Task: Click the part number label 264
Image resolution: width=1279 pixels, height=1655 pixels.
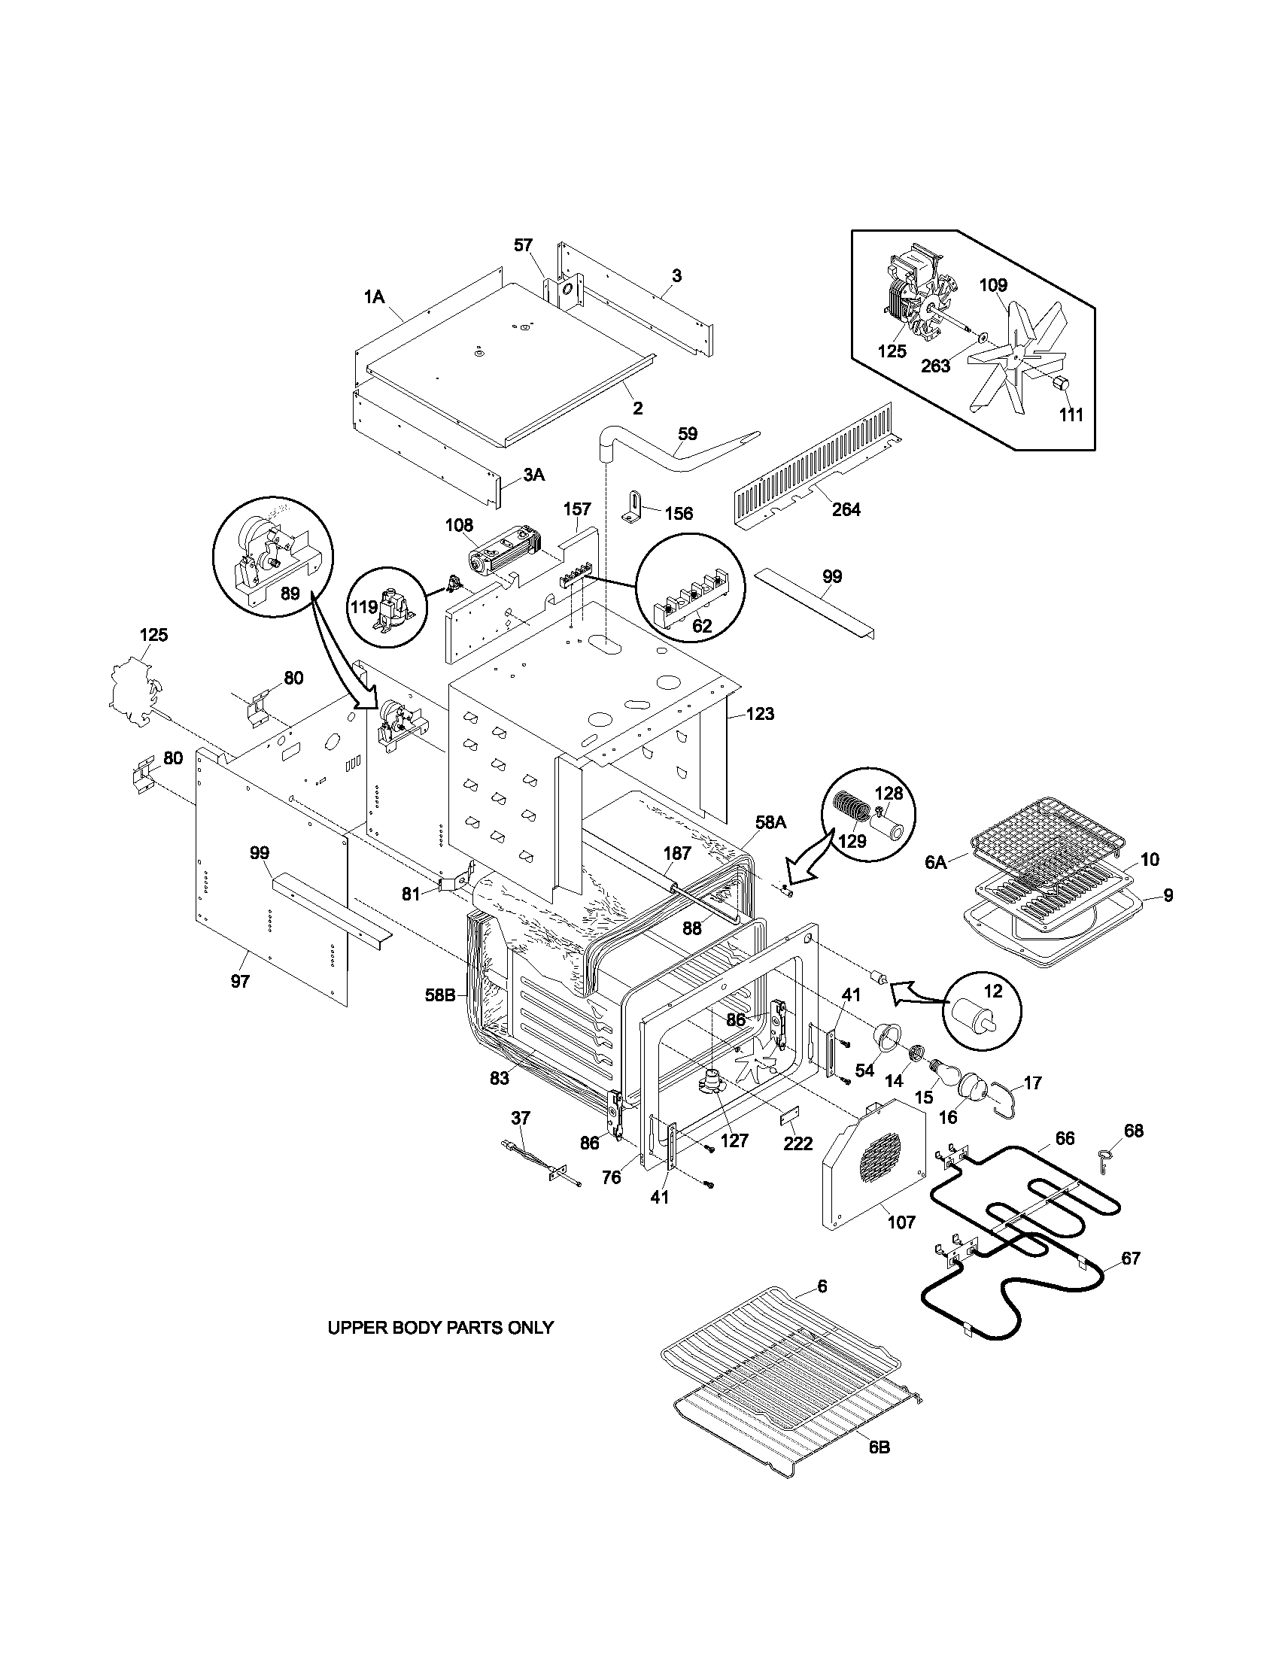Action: pos(846,509)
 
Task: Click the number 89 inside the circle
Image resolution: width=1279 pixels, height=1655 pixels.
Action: pos(290,594)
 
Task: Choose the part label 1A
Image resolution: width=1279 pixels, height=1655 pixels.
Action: pos(374,298)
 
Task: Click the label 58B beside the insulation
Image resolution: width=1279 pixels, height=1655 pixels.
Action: pos(439,995)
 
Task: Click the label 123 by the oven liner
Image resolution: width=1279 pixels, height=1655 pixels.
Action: pos(759,713)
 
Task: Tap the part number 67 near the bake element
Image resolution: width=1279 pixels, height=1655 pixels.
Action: pos(1130,1258)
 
